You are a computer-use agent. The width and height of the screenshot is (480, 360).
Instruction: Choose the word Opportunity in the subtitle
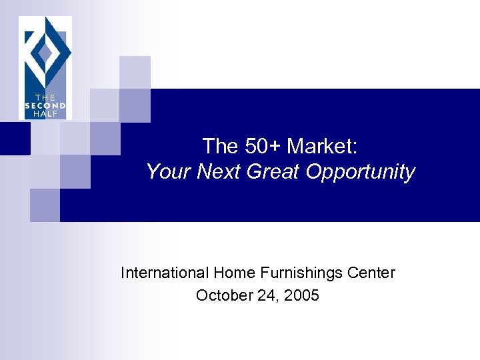click(x=361, y=172)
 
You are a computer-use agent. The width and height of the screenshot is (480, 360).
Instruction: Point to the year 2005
click(x=302, y=295)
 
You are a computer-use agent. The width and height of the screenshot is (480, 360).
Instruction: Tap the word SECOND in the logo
click(x=45, y=105)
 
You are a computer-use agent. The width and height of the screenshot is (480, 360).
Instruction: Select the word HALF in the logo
click(x=45, y=113)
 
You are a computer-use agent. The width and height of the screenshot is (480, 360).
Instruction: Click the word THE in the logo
click(x=45, y=97)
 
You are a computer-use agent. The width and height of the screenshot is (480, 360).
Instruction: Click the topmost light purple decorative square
click(x=135, y=71)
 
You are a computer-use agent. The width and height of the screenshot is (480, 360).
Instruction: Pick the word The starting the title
click(x=219, y=145)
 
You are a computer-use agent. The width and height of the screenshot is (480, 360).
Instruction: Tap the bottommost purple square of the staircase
click(x=45, y=205)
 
